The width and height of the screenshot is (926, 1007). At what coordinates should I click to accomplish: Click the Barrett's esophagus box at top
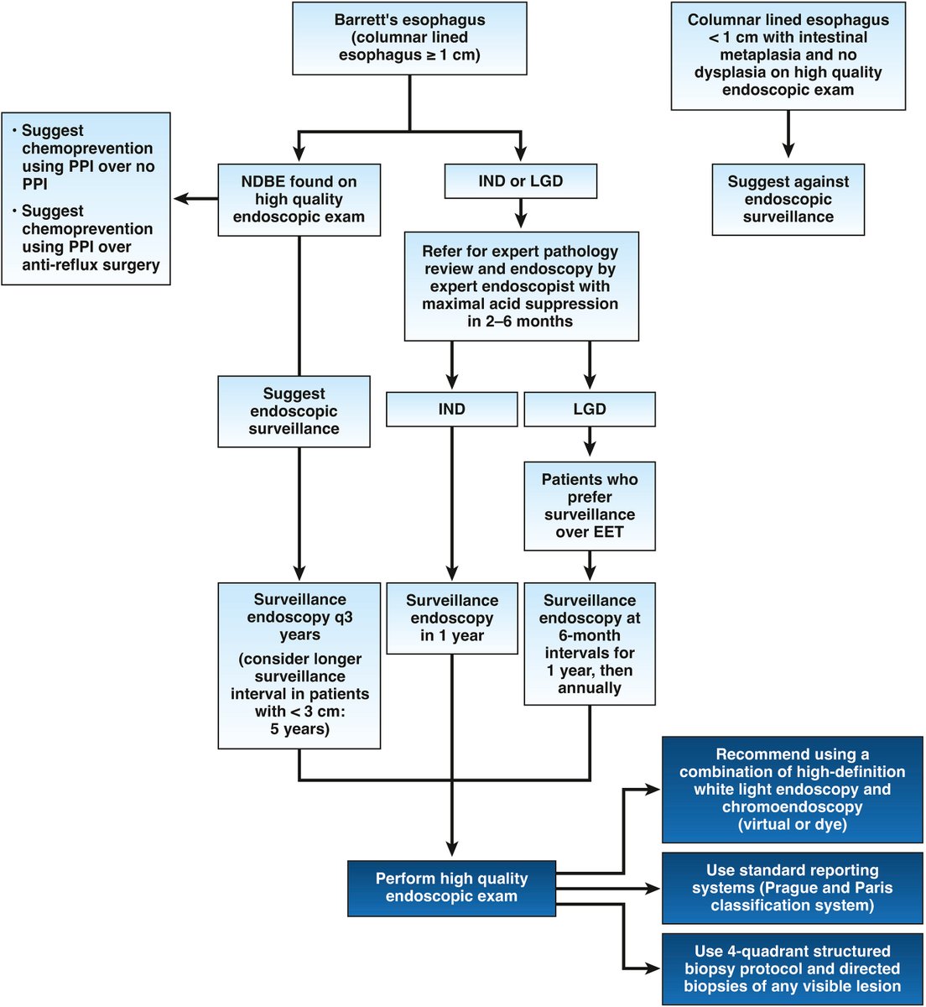[410, 38]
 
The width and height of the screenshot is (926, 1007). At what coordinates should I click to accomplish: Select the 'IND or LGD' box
[520, 181]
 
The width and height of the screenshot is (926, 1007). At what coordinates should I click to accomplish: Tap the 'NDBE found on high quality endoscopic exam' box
[299, 199]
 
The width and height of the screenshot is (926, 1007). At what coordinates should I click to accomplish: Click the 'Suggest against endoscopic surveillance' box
[788, 199]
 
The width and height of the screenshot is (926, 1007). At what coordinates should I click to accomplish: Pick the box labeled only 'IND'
[451, 410]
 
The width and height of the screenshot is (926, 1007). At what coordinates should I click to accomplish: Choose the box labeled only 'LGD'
[589, 410]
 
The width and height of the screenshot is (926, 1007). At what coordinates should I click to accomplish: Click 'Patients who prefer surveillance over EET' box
[589, 505]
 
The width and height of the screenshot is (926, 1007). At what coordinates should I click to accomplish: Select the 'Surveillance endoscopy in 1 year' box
[451, 618]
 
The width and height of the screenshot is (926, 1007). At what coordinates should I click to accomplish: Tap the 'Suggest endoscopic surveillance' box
[294, 411]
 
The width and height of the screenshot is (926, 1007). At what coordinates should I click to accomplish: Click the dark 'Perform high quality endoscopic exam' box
[451, 888]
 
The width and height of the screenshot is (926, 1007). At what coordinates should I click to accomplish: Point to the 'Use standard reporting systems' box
[792, 888]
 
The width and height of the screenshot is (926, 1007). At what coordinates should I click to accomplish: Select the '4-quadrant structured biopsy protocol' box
[792, 968]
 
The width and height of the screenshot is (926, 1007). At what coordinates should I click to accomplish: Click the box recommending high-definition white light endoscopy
[792, 789]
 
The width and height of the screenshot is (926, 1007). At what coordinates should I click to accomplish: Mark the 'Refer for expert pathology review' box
[520, 286]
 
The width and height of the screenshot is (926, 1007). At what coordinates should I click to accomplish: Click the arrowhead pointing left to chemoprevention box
[179, 199]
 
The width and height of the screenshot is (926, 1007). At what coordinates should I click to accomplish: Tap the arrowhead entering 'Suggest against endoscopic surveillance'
[788, 152]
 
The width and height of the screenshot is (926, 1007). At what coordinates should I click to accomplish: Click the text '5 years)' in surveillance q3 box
[299, 729]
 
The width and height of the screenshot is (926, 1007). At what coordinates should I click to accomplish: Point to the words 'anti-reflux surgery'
[91, 265]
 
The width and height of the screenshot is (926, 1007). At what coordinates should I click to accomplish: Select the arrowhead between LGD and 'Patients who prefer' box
[590, 451]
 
